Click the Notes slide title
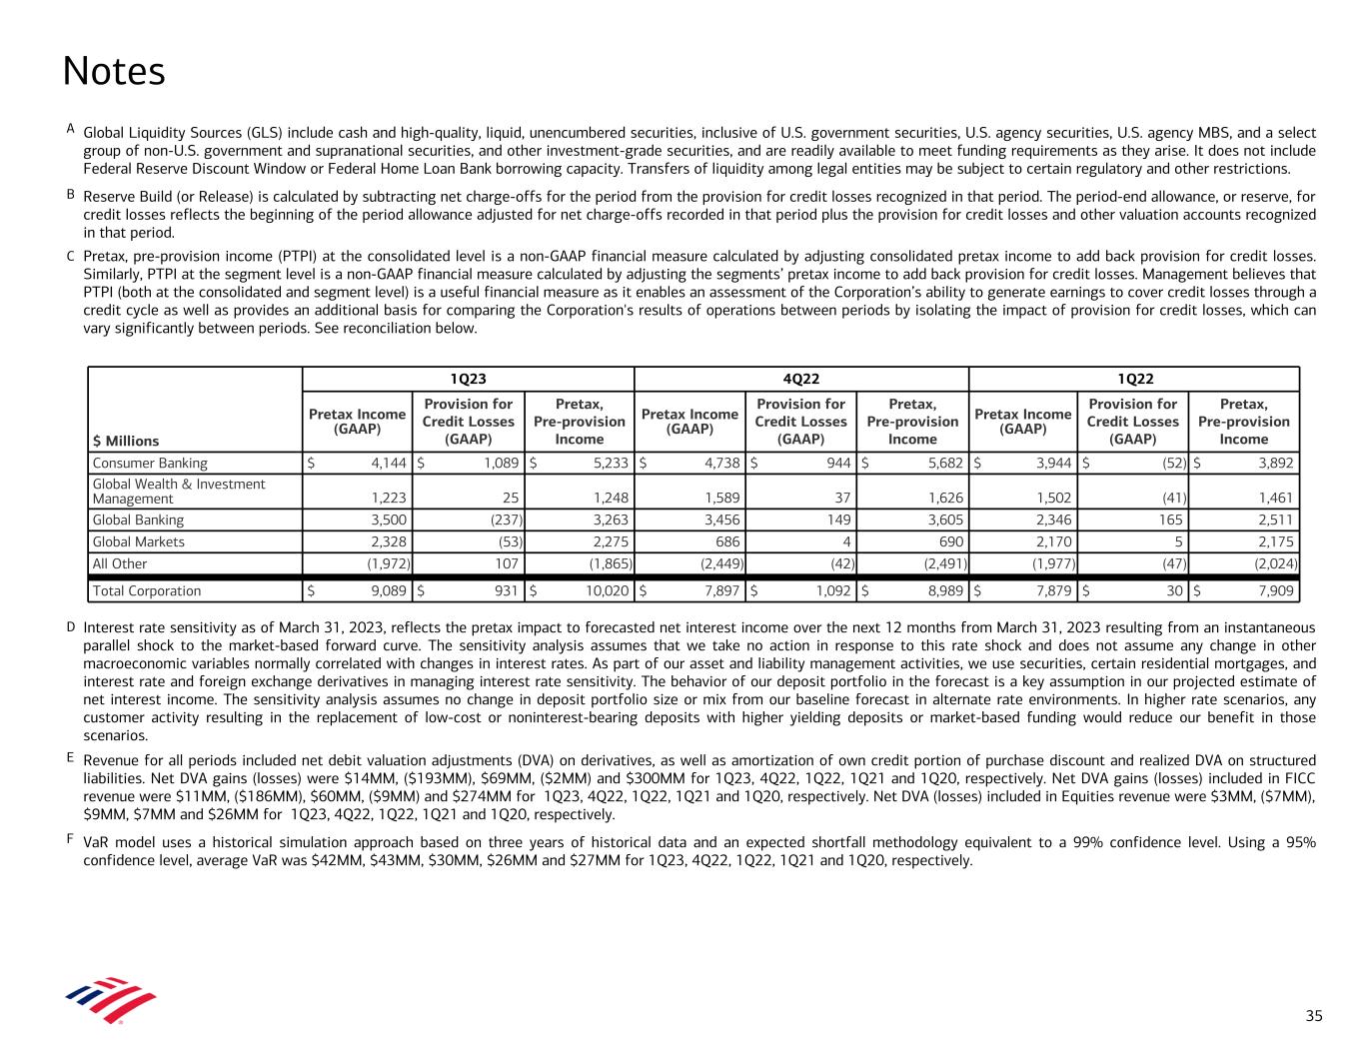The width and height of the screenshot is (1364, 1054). click(113, 71)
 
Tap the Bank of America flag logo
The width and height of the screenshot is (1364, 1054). click(110, 999)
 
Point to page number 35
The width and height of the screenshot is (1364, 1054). click(1313, 1016)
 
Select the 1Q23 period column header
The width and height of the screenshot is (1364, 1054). click(468, 379)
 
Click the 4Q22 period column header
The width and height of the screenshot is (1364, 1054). click(801, 379)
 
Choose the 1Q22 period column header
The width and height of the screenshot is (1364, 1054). click(1134, 379)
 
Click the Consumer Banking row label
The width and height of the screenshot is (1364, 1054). click(150, 463)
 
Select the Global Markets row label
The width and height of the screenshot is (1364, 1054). click(138, 541)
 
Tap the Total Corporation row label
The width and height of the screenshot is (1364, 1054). click(146, 590)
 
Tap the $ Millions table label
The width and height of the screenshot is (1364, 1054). click(125, 440)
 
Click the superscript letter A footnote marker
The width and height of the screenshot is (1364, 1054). click(71, 128)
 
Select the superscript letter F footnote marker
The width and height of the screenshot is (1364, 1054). click(71, 838)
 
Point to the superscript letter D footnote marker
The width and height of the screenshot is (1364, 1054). click(71, 626)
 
